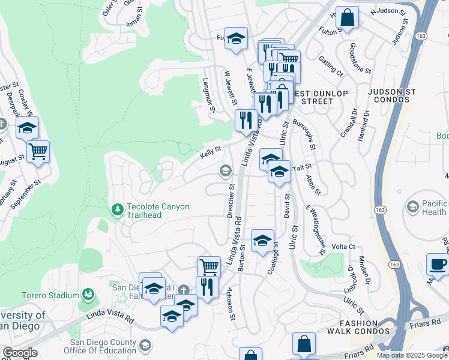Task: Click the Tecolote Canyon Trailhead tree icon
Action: [x=118, y=209]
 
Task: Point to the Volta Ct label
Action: [x=344, y=247]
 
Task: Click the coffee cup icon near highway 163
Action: [x=438, y=265]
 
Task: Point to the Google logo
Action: [x=19, y=353]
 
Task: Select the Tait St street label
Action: [x=304, y=166]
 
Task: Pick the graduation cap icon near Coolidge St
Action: [x=262, y=241]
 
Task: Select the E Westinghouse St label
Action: [x=315, y=230]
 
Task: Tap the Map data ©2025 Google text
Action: [x=412, y=355]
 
